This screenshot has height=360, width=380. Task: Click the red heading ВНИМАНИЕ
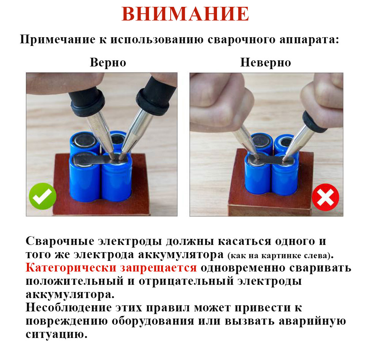185,14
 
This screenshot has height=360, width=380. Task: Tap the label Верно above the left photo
108,62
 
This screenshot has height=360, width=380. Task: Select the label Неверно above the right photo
266,62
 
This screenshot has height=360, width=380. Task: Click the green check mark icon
43,196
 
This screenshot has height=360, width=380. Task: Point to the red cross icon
326,197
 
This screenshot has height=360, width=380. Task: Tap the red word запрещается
158,268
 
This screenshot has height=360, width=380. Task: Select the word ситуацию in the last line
57,335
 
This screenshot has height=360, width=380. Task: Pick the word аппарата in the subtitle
309,39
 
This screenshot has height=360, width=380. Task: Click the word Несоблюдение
69,308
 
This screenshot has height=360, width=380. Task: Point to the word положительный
74,281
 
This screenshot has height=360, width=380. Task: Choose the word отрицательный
186,281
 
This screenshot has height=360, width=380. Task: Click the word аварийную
312,321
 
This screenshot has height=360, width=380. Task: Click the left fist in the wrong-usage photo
219,103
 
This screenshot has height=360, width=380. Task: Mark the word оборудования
153,321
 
